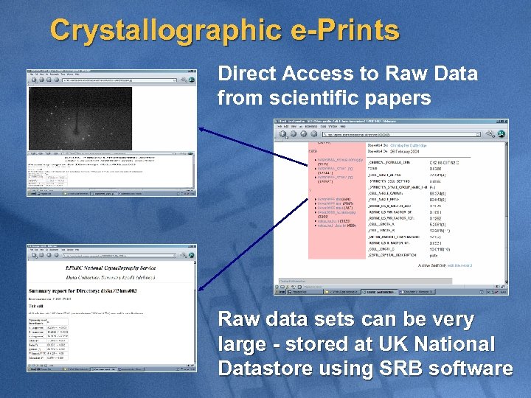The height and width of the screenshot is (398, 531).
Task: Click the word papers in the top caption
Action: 398,97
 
